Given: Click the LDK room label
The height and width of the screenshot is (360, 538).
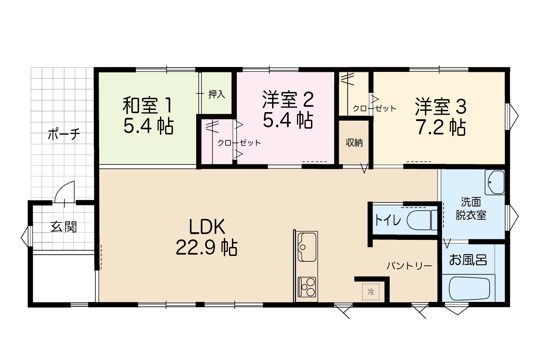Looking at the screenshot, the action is tap(207, 226).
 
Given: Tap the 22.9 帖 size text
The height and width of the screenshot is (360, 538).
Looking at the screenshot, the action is tap(207, 247).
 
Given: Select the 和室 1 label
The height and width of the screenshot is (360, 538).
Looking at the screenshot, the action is tap(147, 105).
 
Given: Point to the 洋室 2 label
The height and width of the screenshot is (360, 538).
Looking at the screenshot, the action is tap(288, 99).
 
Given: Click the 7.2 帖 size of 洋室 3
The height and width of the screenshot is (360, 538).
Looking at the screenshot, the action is tap(441, 127).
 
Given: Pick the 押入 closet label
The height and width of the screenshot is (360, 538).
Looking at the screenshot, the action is tap(217, 94).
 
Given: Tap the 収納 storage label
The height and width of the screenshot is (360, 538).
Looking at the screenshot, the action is tap(354, 143).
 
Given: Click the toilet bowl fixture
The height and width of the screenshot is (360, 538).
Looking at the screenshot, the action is tap(422, 220).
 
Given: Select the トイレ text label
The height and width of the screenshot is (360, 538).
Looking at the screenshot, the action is tap(388, 220).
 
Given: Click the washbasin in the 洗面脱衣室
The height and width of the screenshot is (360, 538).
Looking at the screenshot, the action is tap(495, 182).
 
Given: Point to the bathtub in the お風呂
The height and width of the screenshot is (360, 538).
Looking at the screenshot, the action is tap(468, 289).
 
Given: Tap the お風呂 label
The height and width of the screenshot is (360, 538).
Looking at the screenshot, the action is tap(468, 260).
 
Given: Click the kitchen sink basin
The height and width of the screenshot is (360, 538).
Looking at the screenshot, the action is tap(307, 247).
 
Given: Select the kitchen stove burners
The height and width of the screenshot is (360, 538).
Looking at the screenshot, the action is tap(307, 287).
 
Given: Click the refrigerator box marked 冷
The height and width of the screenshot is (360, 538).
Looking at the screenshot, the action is tap(370, 292).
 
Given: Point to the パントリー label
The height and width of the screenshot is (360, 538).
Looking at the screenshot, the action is tap(409, 266).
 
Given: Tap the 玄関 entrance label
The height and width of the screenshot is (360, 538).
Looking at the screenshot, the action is tap(63, 227).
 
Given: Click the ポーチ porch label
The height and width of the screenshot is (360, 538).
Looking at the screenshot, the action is tap(63, 134).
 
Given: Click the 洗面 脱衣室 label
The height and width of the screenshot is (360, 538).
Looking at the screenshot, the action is tap(471, 209).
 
